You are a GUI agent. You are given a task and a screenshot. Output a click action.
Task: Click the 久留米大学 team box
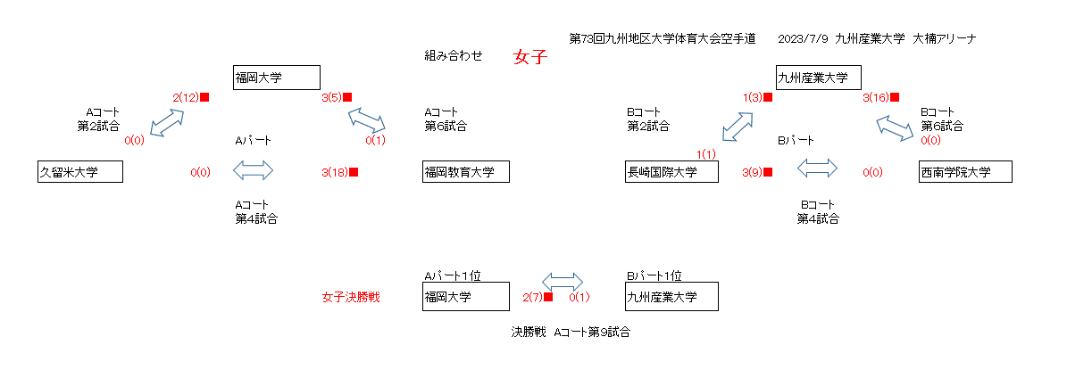click(x=79, y=171)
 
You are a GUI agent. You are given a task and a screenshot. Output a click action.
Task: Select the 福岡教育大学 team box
click(x=465, y=171)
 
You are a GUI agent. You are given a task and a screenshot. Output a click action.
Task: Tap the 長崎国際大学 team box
click(x=671, y=171)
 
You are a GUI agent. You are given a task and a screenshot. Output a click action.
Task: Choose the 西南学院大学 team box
click(x=965, y=171)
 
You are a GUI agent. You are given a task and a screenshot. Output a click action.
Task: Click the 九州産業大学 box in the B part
click(x=818, y=78)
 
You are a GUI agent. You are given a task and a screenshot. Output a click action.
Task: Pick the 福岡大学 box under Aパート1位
click(x=465, y=297)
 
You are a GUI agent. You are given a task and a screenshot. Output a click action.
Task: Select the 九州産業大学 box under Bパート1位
click(x=671, y=297)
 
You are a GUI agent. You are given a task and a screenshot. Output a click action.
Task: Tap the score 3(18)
click(x=335, y=172)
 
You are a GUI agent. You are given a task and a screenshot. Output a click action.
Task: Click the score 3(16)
click(x=875, y=97)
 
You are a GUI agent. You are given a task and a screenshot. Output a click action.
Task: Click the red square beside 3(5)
click(x=347, y=97)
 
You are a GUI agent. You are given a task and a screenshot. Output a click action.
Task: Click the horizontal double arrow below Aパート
click(x=253, y=169)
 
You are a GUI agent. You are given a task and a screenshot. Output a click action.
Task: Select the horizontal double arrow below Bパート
click(x=817, y=168)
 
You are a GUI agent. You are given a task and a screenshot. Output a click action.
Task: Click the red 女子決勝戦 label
click(x=351, y=297)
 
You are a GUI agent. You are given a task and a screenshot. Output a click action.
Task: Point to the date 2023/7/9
click(x=803, y=38)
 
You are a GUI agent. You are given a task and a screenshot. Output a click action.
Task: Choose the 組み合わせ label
click(x=454, y=55)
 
